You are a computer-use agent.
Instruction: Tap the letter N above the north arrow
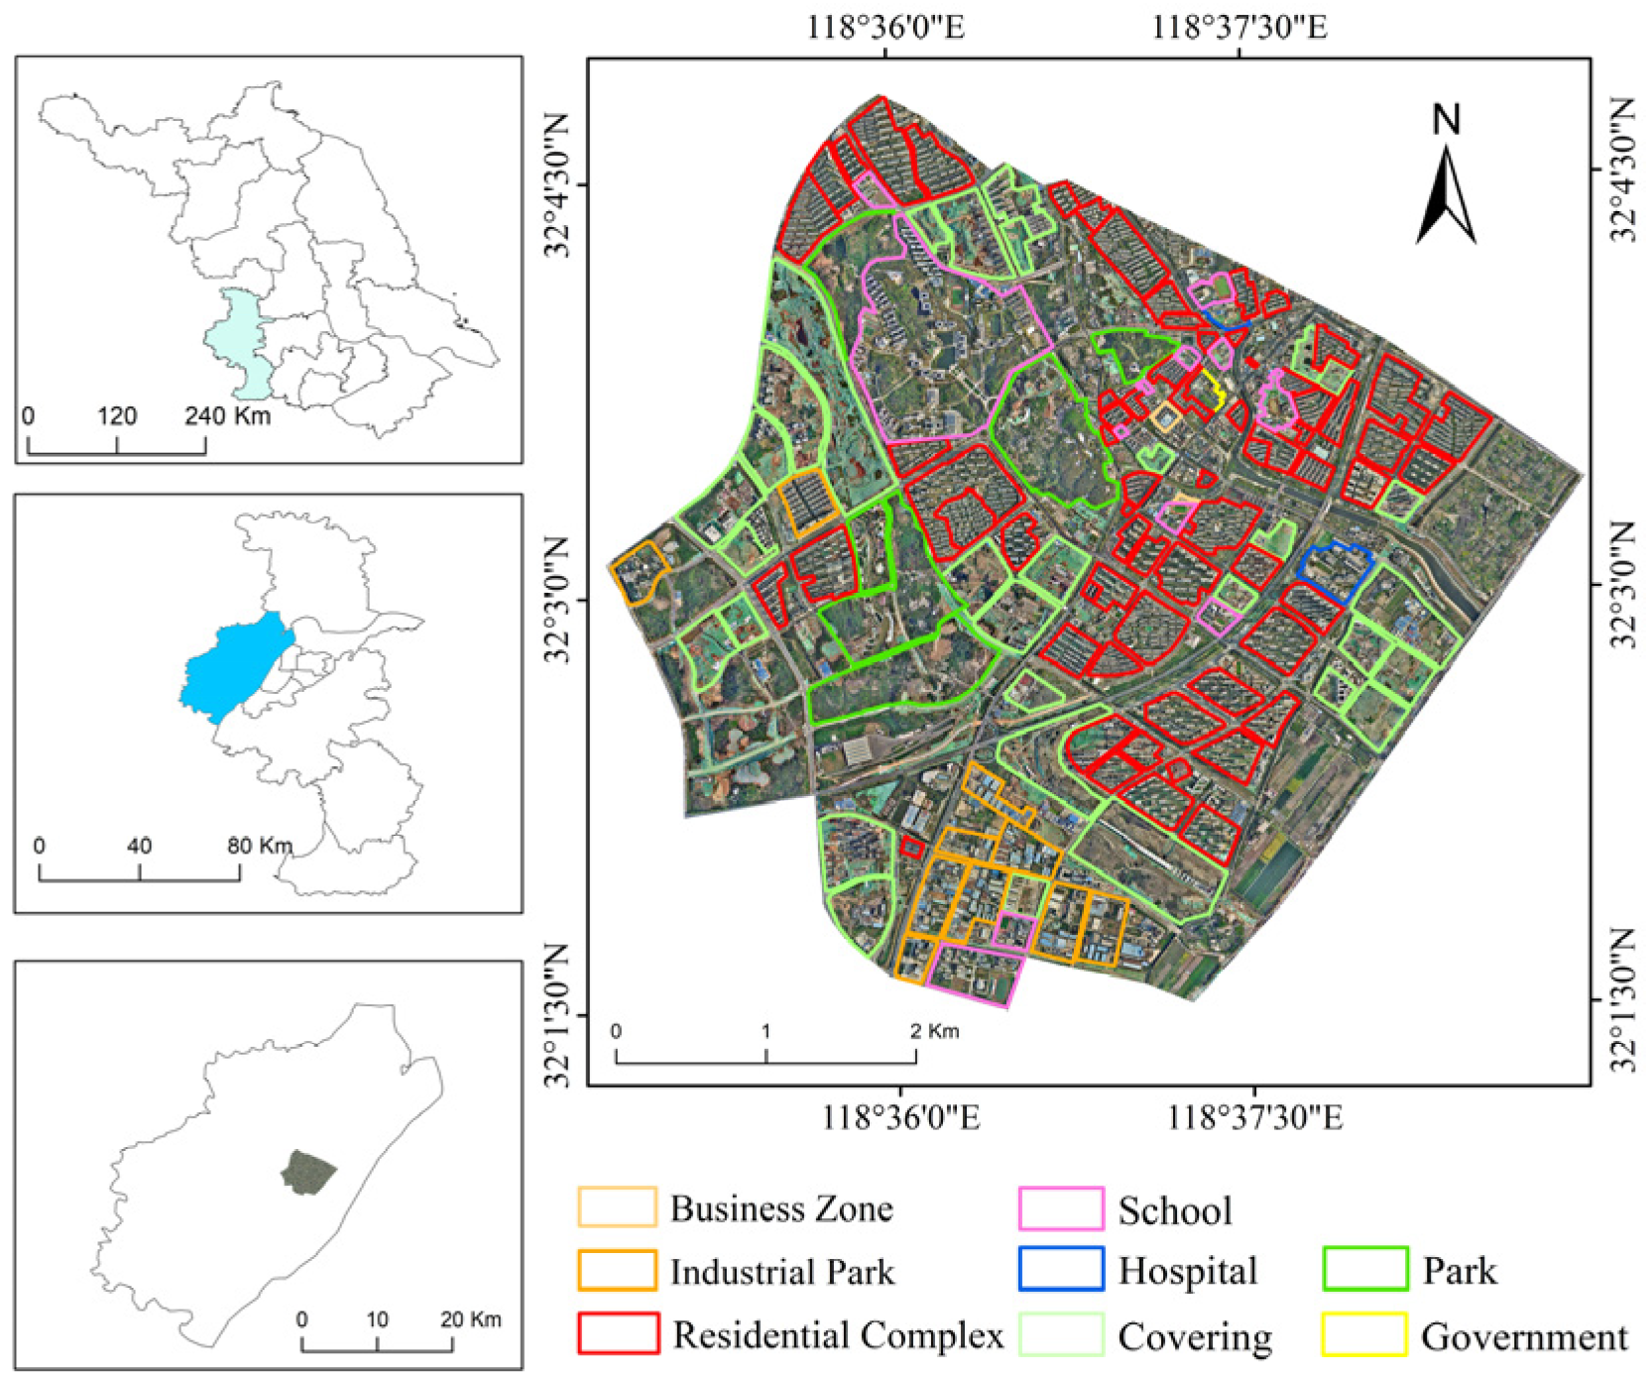1447,120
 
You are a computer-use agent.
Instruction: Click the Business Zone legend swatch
617,1206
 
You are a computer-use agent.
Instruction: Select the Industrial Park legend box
617,1270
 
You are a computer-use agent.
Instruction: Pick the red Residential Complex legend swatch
618,1333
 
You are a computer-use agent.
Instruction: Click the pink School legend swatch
1060,1208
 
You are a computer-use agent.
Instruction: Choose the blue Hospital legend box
1060,1270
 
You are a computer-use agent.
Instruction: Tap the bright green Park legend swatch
1364,1270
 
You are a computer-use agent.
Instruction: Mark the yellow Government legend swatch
1364,1334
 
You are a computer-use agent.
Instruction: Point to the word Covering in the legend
1194,1336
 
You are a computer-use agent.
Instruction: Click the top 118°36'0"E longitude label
884,27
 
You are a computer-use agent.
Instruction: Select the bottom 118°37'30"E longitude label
1254,1118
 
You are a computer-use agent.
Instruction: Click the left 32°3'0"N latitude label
557,600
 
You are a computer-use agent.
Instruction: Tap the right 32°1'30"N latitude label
1621,999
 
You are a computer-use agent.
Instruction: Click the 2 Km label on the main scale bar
934,1031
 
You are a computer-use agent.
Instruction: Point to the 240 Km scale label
227,415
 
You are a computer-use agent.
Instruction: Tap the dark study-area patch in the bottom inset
307,1173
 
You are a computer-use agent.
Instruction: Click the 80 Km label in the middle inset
259,846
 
